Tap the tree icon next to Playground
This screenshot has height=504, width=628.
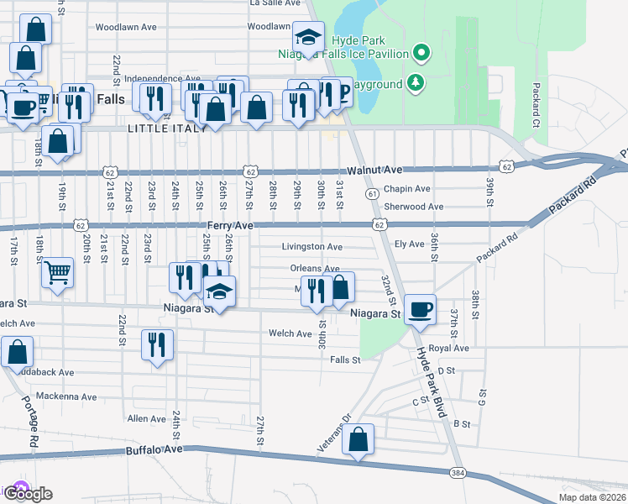[x=413, y=82]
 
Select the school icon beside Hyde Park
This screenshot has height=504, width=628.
[x=308, y=38]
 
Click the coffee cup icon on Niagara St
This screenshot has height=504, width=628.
[x=421, y=308]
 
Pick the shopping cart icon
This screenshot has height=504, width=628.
[x=57, y=270]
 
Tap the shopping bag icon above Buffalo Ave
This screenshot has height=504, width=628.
[x=358, y=439]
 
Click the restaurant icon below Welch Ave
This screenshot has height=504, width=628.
[x=157, y=344]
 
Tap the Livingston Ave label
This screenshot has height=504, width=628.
[x=311, y=247]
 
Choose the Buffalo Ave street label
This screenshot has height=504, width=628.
[x=154, y=450]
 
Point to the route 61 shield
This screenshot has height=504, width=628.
[x=370, y=193]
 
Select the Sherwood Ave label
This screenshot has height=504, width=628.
[x=413, y=207]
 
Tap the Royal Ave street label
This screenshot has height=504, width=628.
[x=447, y=348]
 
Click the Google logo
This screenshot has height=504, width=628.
[x=29, y=494]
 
